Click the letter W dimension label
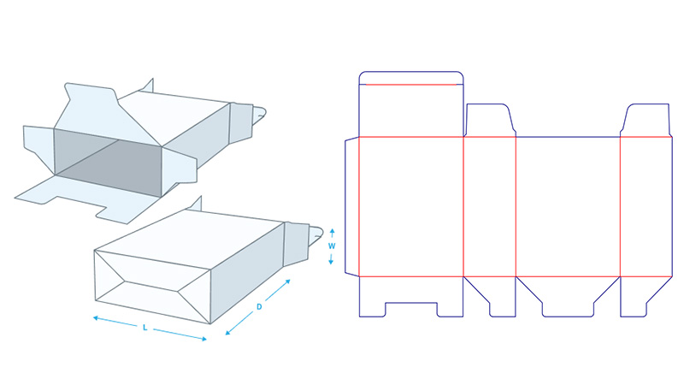(x=331, y=246)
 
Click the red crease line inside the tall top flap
(x=411, y=85)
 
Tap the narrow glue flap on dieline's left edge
(x=351, y=205)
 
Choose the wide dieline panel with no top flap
(x=568, y=205)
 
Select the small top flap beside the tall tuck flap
(x=490, y=120)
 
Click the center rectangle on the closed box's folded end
(x=152, y=285)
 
